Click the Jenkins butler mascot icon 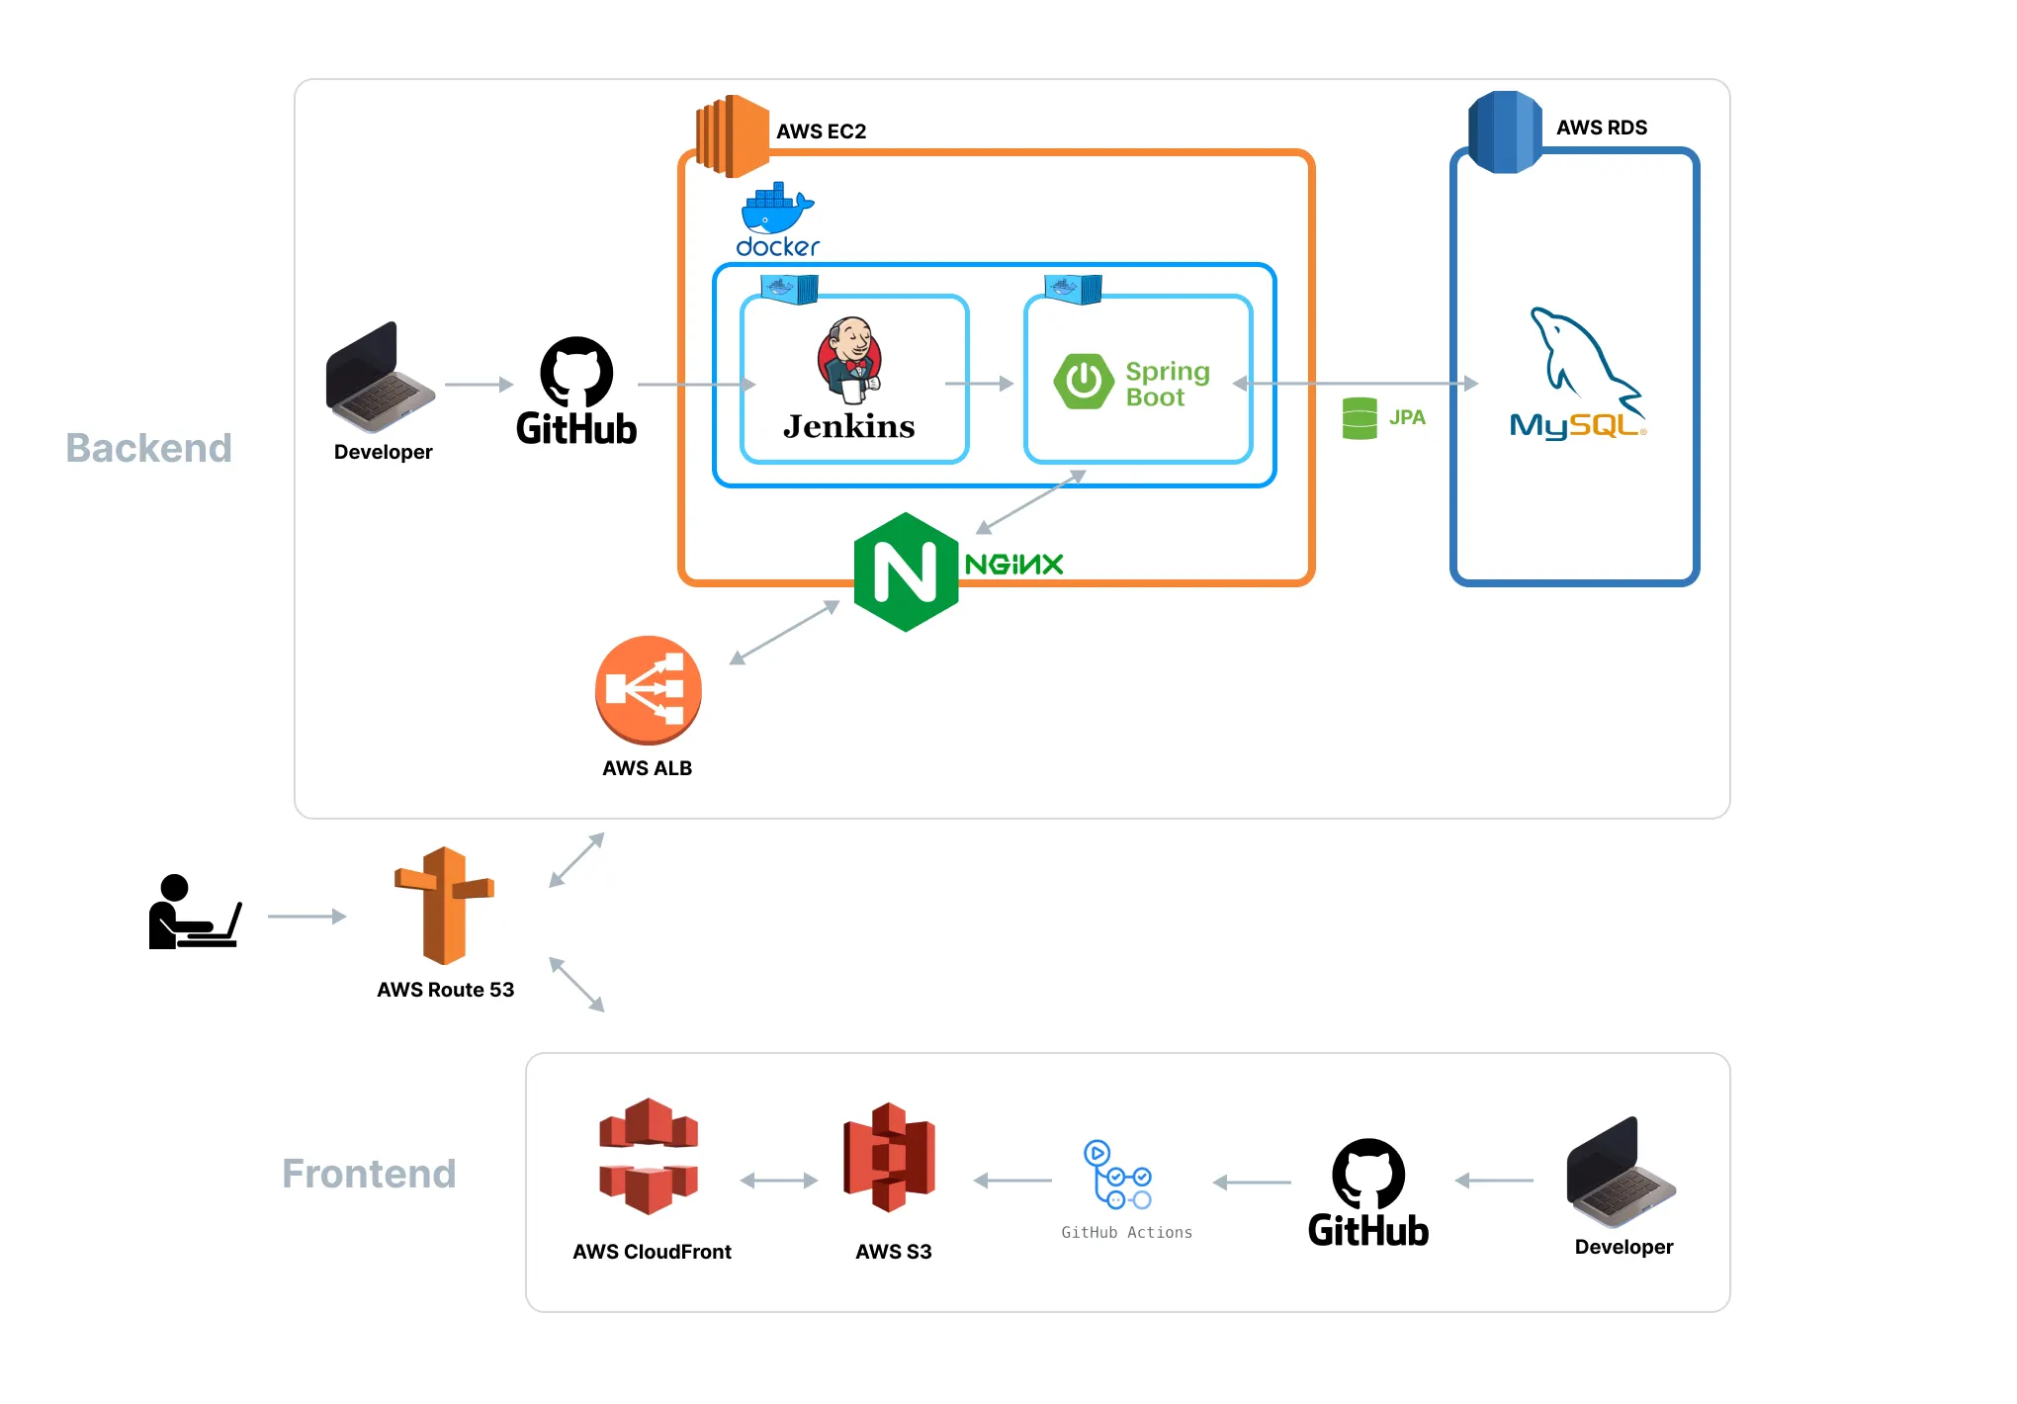click(849, 360)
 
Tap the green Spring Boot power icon click(1084, 381)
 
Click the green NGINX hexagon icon click(906, 572)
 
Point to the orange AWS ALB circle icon click(648, 690)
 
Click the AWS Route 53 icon click(445, 905)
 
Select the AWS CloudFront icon click(649, 1156)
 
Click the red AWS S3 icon click(889, 1157)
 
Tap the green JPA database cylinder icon click(1359, 418)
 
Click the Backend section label click(148, 448)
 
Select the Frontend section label click(369, 1174)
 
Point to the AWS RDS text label click(1602, 128)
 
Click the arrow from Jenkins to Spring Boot click(979, 384)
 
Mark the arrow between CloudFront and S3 click(779, 1181)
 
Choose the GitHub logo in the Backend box click(576, 392)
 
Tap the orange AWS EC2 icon click(733, 136)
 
